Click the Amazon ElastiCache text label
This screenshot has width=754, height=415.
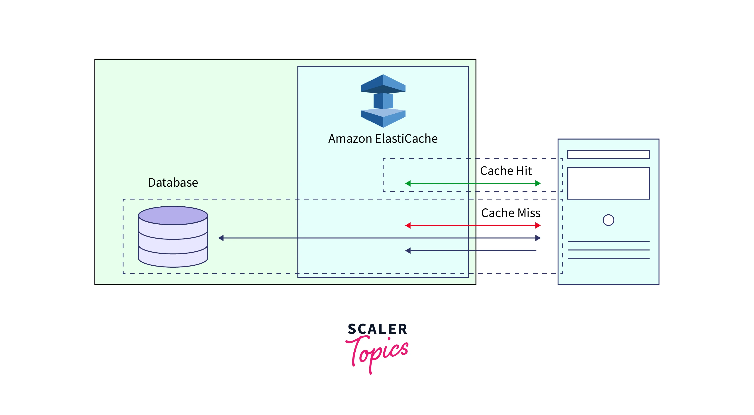383,139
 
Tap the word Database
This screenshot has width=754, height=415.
173,183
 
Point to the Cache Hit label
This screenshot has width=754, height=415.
506,171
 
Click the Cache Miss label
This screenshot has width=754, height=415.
511,213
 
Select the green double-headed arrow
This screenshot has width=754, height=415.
473,184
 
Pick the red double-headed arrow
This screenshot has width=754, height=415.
473,225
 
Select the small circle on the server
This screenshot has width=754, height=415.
608,220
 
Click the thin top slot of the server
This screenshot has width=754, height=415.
608,154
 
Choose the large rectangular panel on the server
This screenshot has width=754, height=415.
608,184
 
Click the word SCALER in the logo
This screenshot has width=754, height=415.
377,329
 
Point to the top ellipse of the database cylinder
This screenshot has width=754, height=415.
173,216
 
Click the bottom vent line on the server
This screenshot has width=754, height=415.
608,258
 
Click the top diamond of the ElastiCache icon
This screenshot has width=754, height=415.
383,84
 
